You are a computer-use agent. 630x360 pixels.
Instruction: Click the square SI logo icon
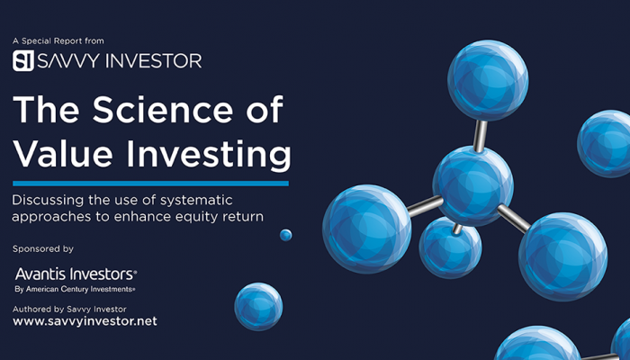(x=22, y=60)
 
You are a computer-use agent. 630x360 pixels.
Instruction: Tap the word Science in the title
(x=163, y=109)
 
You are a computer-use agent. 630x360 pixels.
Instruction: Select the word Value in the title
(x=63, y=154)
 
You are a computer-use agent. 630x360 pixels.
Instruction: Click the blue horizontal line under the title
(x=150, y=184)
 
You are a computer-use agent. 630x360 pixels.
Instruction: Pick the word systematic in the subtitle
(x=196, y=201)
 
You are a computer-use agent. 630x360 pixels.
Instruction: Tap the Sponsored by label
(x=43, y=249)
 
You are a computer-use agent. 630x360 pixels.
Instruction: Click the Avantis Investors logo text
(x=76, y=274)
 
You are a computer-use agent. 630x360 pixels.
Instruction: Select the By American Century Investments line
(x=75, y=289)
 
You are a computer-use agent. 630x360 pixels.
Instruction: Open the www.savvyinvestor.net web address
(x=85, y=321)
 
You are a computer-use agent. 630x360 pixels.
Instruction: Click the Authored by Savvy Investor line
(x=69, y=310)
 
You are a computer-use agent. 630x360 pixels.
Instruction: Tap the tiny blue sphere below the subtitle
(x=285, y=235)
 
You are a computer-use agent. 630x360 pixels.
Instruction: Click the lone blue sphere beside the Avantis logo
(x=258, y=307)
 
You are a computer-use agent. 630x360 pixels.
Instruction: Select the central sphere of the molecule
(x=472, y=186)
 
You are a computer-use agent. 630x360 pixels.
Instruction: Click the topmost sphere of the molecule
(x=488, y=80)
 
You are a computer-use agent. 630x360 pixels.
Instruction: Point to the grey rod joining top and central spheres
(x=480, y=136)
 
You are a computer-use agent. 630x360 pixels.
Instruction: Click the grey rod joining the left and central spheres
(x=425, y=205)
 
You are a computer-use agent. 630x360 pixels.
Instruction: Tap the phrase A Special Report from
(x=58, y=41)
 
